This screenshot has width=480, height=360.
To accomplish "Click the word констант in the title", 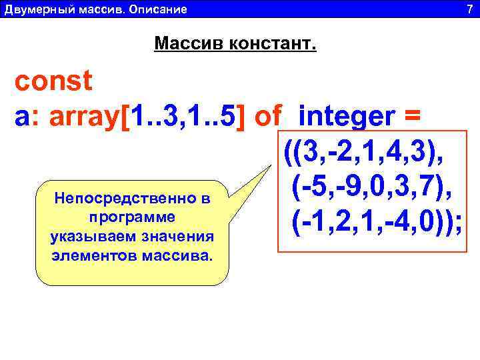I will pyautogui.click(x=273, y=45).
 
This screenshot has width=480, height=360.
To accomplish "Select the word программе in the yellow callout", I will pyautogui.click(x=132, y=217).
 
